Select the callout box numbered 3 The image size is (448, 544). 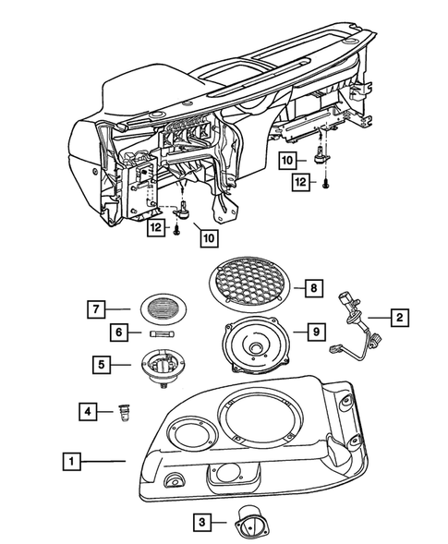tap(200, 522)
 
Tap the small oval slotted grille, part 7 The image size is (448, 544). tap(167, 308)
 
